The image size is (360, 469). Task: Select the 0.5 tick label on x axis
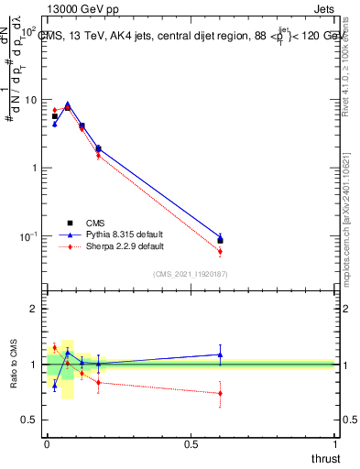(191, 444)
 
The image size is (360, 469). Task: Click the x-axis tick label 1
(335, 444)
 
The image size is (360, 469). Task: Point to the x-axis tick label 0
(46, 444)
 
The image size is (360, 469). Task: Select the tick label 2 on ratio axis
(34, 310)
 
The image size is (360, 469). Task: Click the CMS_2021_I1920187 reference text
(191, 274)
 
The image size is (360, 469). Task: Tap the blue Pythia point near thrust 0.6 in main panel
(220, 237)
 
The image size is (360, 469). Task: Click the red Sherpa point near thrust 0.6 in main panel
(220, 251)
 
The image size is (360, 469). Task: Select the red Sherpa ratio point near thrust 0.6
(220, 393)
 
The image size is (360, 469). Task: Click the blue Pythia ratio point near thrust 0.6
(220, 354)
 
